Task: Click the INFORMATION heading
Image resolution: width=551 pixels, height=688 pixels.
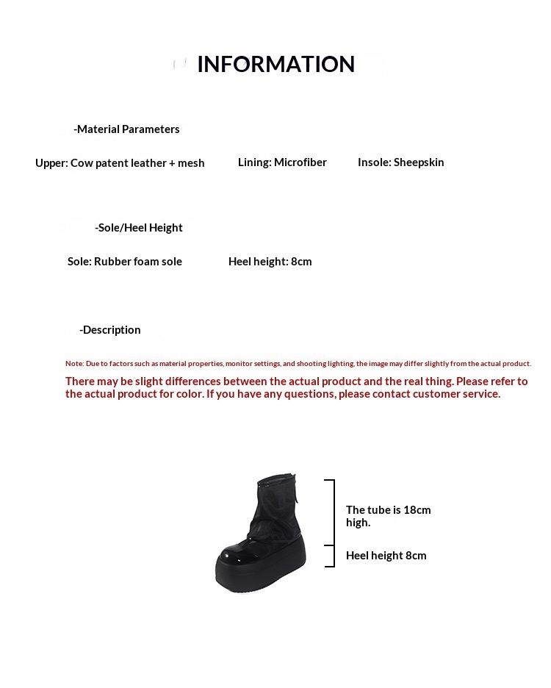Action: coord(275,65)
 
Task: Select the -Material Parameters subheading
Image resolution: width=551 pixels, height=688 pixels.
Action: coord(126,129)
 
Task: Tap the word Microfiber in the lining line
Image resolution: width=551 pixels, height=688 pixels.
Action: coord(300,162)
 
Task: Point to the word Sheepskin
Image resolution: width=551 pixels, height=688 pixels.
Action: coord(419,162)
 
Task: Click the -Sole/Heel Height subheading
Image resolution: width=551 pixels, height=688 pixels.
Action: coord(139,228)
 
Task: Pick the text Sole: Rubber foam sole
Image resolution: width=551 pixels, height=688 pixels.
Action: coord(125,262)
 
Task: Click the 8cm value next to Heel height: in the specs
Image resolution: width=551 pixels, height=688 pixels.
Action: coord(301,262)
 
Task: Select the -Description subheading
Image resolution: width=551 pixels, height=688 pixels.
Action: coord(110,330)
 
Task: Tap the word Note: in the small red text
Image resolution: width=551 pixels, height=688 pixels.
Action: coord(74,364)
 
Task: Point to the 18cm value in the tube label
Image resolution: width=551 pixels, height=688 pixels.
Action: coord(417,510)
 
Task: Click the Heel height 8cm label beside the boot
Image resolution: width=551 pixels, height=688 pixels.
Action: coord(386,556)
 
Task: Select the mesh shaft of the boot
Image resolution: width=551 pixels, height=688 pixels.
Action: coord(278,507)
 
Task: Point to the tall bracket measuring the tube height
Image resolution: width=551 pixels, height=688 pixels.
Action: coord(333,512)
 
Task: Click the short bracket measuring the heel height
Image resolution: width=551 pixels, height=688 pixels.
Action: coord(333,556)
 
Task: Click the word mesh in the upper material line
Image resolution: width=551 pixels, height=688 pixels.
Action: coord(191,163)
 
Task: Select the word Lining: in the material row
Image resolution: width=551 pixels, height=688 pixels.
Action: coord(254,162)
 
